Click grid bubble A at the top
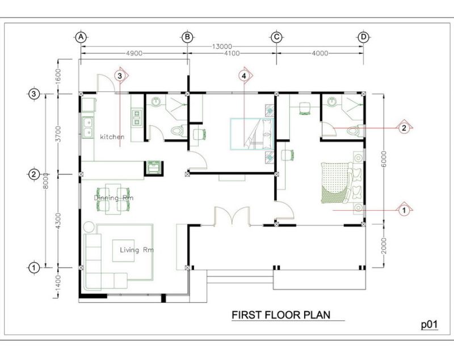(81, 37)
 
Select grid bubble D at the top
(363, 37)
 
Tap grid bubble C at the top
(276, 37)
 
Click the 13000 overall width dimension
(222, 47)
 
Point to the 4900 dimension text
(134, 53)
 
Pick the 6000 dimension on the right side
(384, 159)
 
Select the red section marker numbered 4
(244, 76)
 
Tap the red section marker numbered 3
(120, 76)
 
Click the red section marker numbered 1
(404, 210)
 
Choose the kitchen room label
(112, 137)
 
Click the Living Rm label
(137, 250)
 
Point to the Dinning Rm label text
(113, 198)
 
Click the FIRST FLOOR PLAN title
(281, 315)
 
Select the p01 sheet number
(430, 325)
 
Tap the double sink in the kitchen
(87, 127)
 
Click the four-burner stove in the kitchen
(137, 118)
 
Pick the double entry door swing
(232, 216)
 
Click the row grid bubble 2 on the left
(34, 174)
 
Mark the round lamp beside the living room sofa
(89, 227)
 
